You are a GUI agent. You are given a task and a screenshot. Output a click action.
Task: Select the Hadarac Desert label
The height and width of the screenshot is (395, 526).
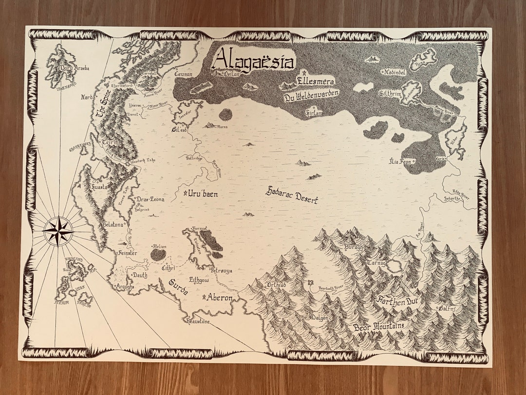point(292,195)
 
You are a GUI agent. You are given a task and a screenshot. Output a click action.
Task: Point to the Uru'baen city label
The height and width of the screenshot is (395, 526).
point(203,194)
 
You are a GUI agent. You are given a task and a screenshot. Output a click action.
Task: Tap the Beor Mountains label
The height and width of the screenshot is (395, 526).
point(379,325)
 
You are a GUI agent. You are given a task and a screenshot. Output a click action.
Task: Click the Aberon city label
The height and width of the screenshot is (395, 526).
point(220,297)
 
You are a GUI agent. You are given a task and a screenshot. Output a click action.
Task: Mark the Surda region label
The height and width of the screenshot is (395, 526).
point(178,287)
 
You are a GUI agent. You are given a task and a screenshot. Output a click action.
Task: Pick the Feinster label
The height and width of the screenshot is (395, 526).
point(128,253)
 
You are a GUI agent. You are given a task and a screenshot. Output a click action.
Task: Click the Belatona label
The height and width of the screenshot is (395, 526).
point(113,225)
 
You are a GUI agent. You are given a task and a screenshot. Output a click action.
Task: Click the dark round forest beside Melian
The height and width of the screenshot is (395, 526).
point(158,255)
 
